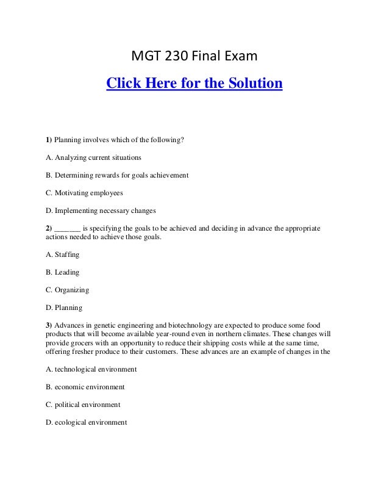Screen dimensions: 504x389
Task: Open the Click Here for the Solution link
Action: coord(194,83)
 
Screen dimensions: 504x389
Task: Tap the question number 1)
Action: coord(49,140)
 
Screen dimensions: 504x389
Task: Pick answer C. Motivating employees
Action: coord(84,193)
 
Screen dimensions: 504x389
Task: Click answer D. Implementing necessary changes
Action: coord(101,211)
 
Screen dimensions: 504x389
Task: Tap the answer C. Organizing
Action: coord(67,289)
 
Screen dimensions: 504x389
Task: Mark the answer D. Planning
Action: coord(64,307)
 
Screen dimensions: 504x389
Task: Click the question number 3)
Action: coord(49,325)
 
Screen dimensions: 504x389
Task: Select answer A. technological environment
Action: coord(91,369)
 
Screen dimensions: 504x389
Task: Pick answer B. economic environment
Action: coord(85,387)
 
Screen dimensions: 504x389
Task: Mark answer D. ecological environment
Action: coord(86,422)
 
